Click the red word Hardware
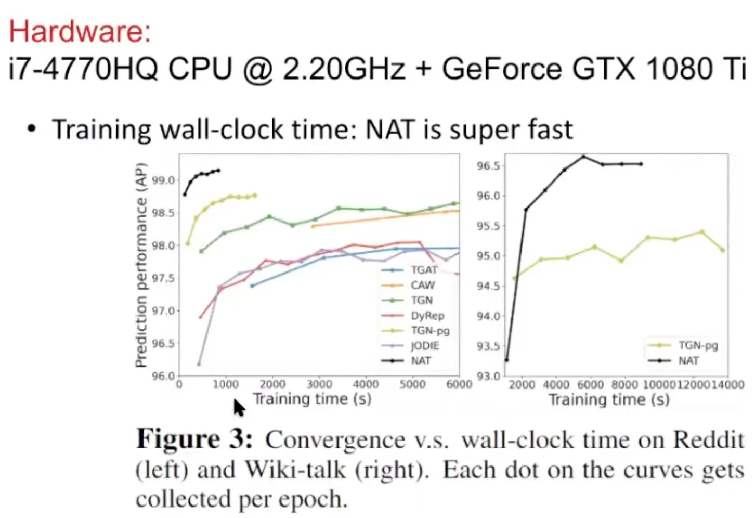[80, 31]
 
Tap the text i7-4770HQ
[83, 69]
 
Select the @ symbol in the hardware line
[258, 69]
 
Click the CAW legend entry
[422, 285]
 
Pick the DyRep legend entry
[427, 316]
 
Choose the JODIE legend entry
[425, 346]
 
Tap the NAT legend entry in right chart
[688, 360]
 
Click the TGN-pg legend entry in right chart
[698, 345]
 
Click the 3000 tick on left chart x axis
[319, 384]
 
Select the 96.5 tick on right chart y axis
[488, 166]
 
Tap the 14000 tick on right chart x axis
[727, 384]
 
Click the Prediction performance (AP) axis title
[141, 265]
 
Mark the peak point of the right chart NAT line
[583, 156]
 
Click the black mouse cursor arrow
[239, 407]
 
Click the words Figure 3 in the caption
[194, 439]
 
